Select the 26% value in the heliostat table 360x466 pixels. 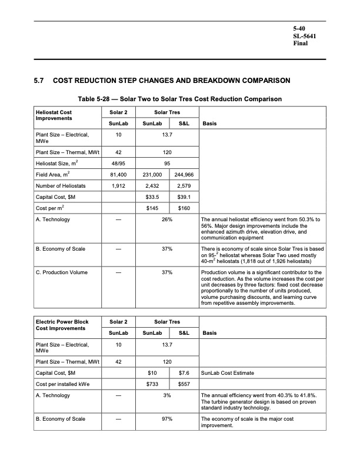[166, 220]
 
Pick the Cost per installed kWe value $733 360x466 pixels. [153, 384]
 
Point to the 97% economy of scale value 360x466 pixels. [166, 419]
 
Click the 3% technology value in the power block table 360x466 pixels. [166, 396]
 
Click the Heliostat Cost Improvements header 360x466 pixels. [55, 115]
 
